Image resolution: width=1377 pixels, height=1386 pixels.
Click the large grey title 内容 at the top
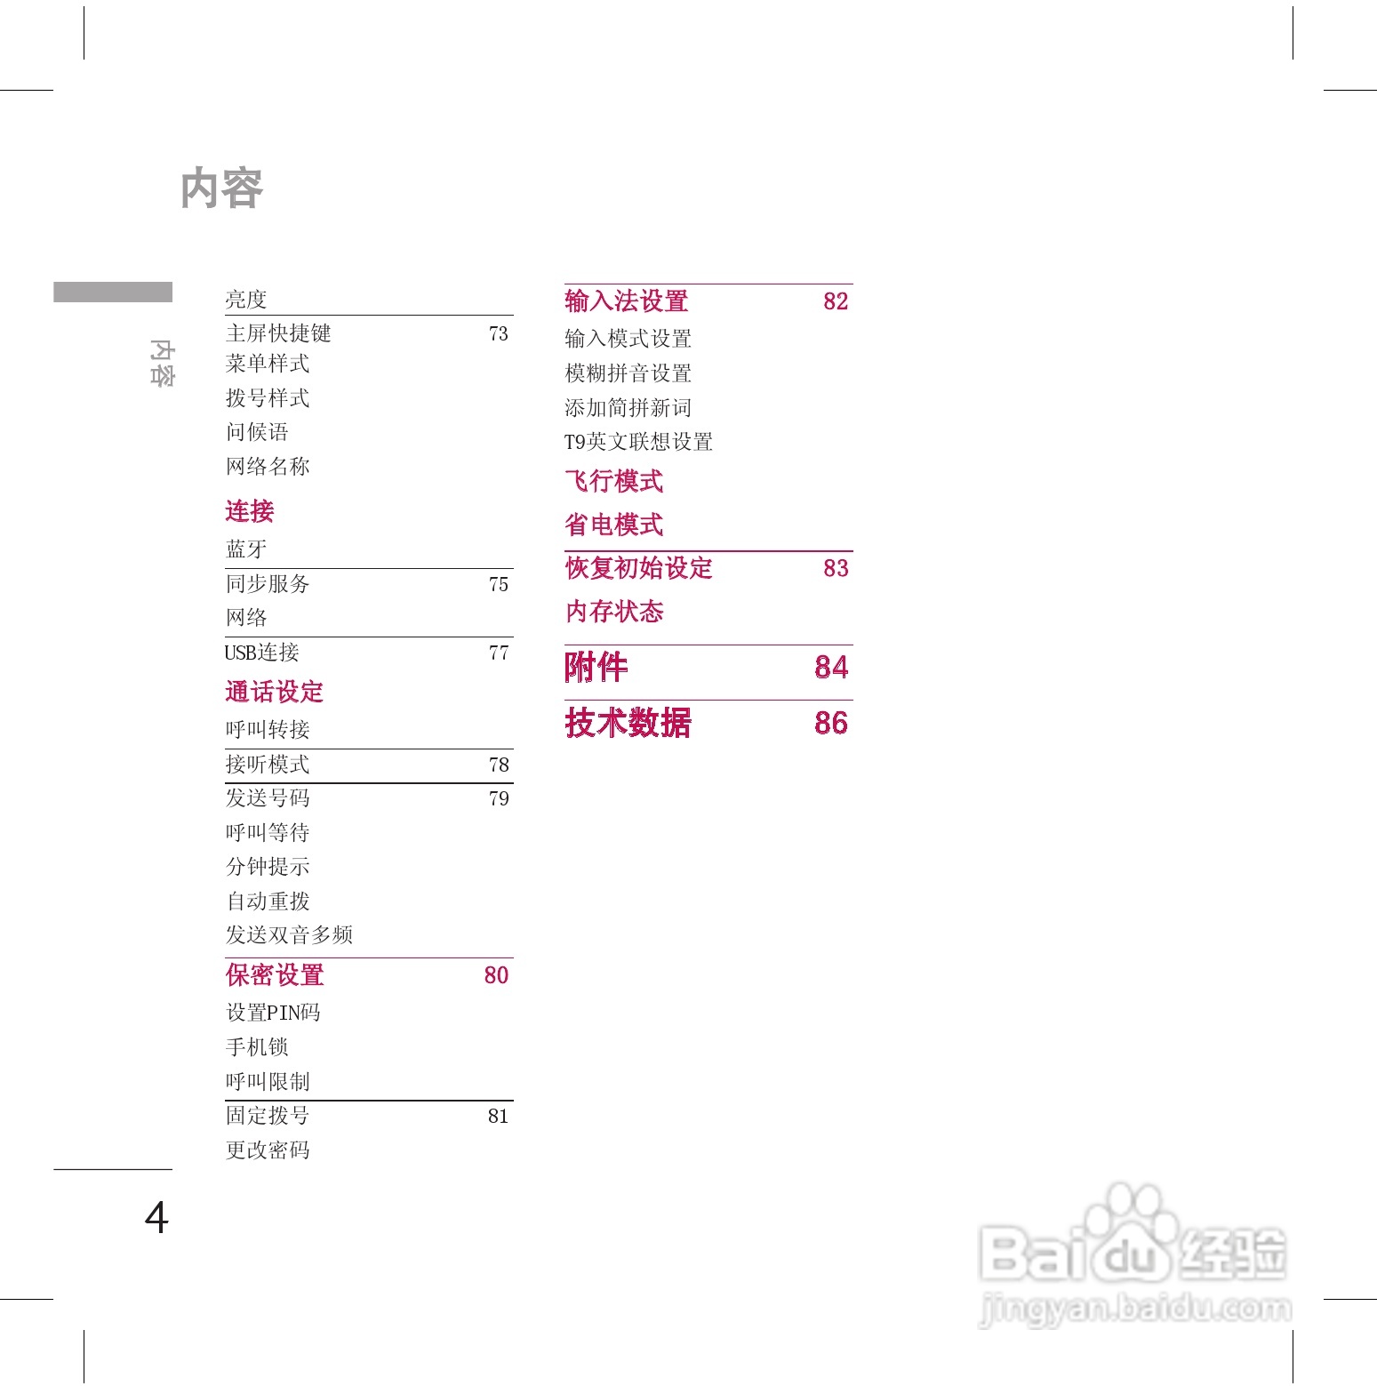[x=221, y=188]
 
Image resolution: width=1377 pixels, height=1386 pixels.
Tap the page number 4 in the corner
[x=156, y=1217]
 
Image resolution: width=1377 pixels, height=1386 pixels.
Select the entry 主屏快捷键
[x=278, y=333]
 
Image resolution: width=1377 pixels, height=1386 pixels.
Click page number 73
[x=499, y=333]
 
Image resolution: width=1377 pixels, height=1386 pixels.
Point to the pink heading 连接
[x=250, y=511]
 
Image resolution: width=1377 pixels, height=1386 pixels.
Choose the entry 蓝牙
[x=246, y=549]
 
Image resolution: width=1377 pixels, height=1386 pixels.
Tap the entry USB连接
[x=262, y=653]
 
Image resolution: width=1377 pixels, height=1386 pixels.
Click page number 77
[x=499, y=653]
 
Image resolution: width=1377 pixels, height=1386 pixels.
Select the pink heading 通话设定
[x=275, y=692]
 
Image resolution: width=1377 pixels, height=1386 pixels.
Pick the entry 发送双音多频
[x=289, y=935]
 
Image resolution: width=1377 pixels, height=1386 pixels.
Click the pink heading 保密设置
[x=275, y=975]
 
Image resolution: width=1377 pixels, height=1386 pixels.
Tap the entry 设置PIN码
[x=273, y=1013]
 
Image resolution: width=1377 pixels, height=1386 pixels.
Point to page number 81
[x=499, y=1116]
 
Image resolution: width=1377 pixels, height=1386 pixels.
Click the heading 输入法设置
[x=627, y=301]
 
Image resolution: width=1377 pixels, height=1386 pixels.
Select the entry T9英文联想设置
[x=638, y=442]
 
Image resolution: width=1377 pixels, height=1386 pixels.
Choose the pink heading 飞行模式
[x=614, y=482]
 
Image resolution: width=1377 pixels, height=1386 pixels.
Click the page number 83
[x=836, y=568]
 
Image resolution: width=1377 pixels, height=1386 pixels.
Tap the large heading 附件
[x=596, y=667]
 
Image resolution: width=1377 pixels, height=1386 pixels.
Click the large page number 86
[x=831, y=723]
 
